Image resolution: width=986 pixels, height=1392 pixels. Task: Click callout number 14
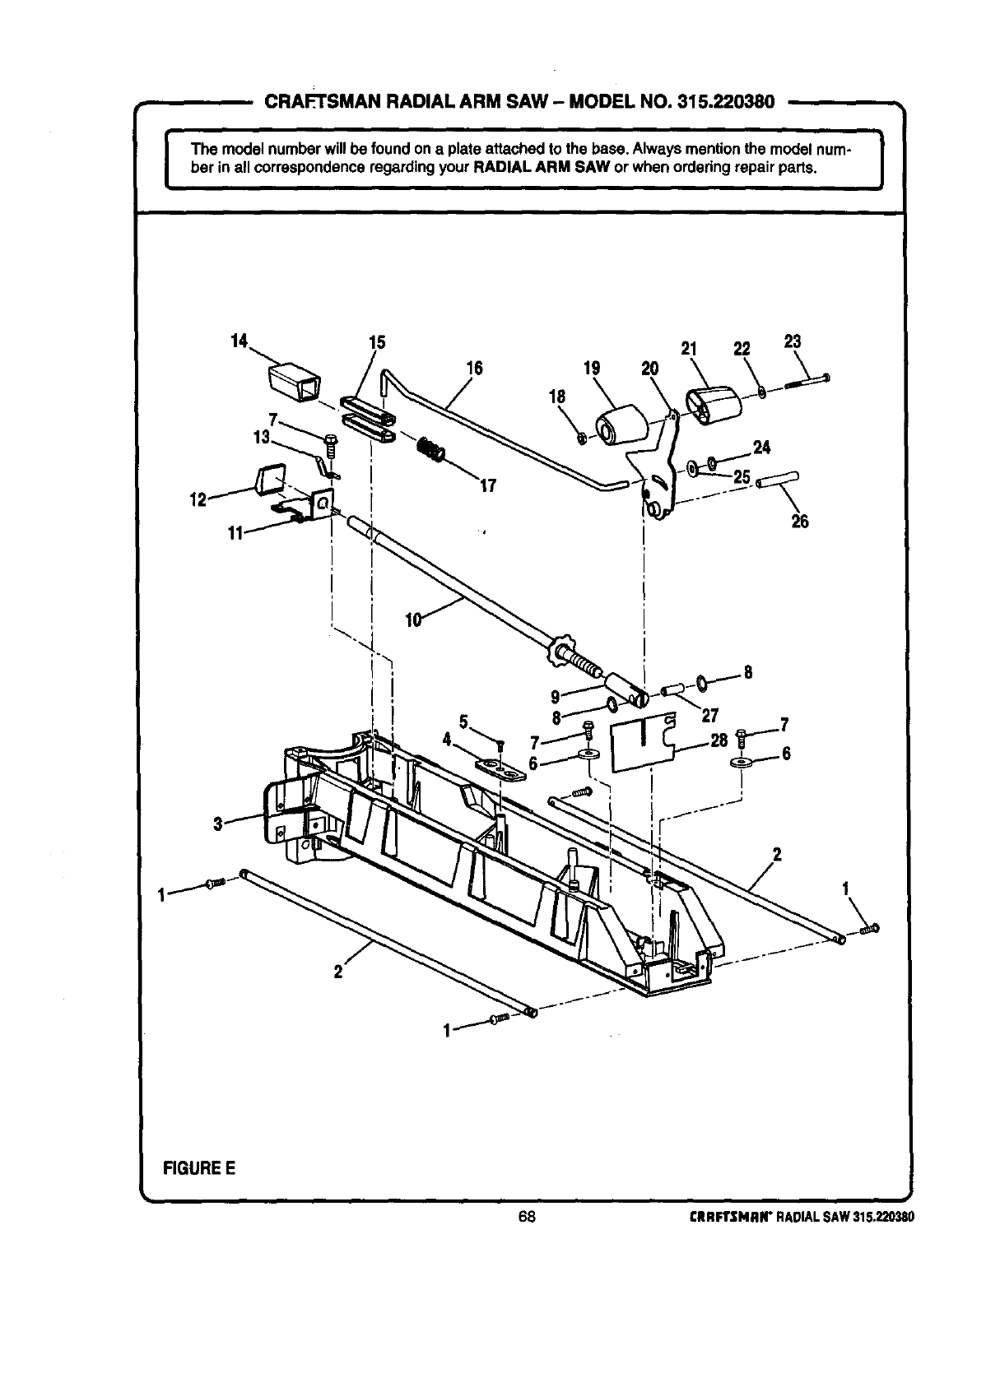coord(239,341)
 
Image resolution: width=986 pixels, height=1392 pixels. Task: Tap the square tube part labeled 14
coord(294,383)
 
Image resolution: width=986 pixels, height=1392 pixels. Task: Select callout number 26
coord(799,521)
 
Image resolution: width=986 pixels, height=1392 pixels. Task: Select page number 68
coord(527,1218)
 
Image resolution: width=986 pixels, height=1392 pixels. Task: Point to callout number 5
coord(464,722)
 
